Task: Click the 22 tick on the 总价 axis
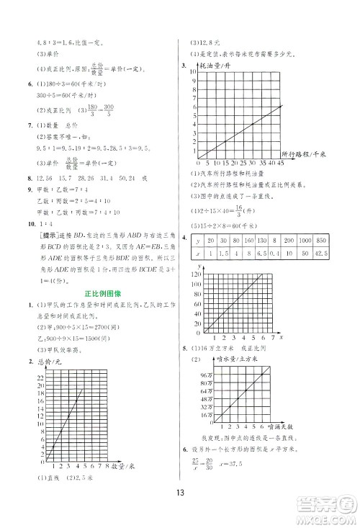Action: [x=40, y=377]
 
